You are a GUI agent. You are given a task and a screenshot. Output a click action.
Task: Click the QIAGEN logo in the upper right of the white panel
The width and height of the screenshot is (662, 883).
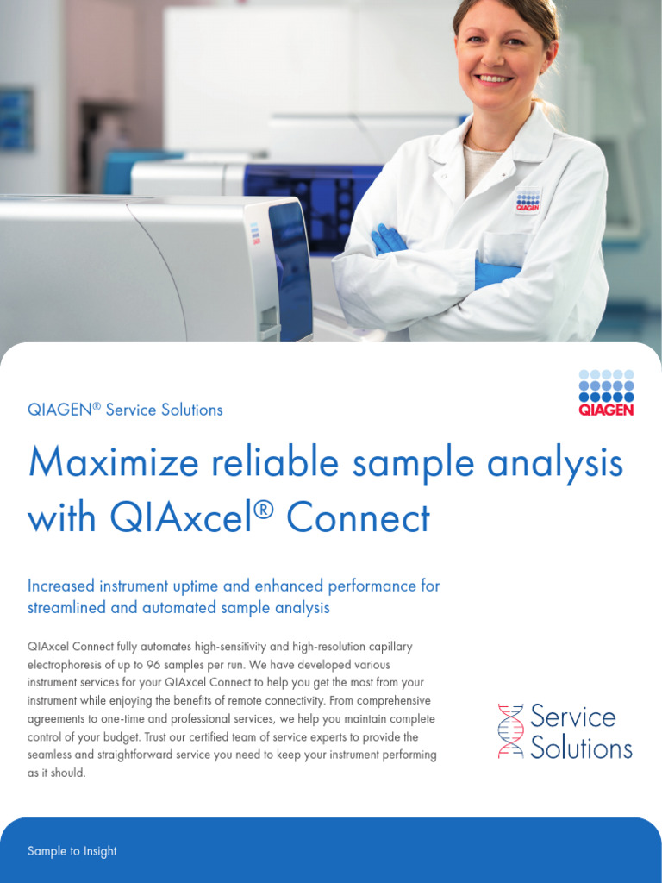(606, 392)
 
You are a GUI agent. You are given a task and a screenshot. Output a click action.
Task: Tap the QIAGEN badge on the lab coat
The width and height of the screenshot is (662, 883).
(528, 200)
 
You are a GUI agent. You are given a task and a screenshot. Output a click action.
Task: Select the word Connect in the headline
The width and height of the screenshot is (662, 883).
(358, 518)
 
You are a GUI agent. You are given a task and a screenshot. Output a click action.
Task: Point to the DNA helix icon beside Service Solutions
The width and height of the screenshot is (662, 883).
(510, 731)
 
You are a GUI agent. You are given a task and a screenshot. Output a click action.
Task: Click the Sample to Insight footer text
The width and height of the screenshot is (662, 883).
(72, 851)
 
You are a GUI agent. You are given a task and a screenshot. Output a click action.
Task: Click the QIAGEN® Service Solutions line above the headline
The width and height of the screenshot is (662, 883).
(125, 410)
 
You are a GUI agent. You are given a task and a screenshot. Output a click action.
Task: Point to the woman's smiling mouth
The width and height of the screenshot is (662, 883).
(495, 79)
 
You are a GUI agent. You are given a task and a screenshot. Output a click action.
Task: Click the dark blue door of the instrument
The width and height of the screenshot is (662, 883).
(290, 267)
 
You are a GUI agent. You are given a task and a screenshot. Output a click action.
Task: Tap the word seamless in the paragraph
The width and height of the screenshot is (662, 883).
(51, 755)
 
